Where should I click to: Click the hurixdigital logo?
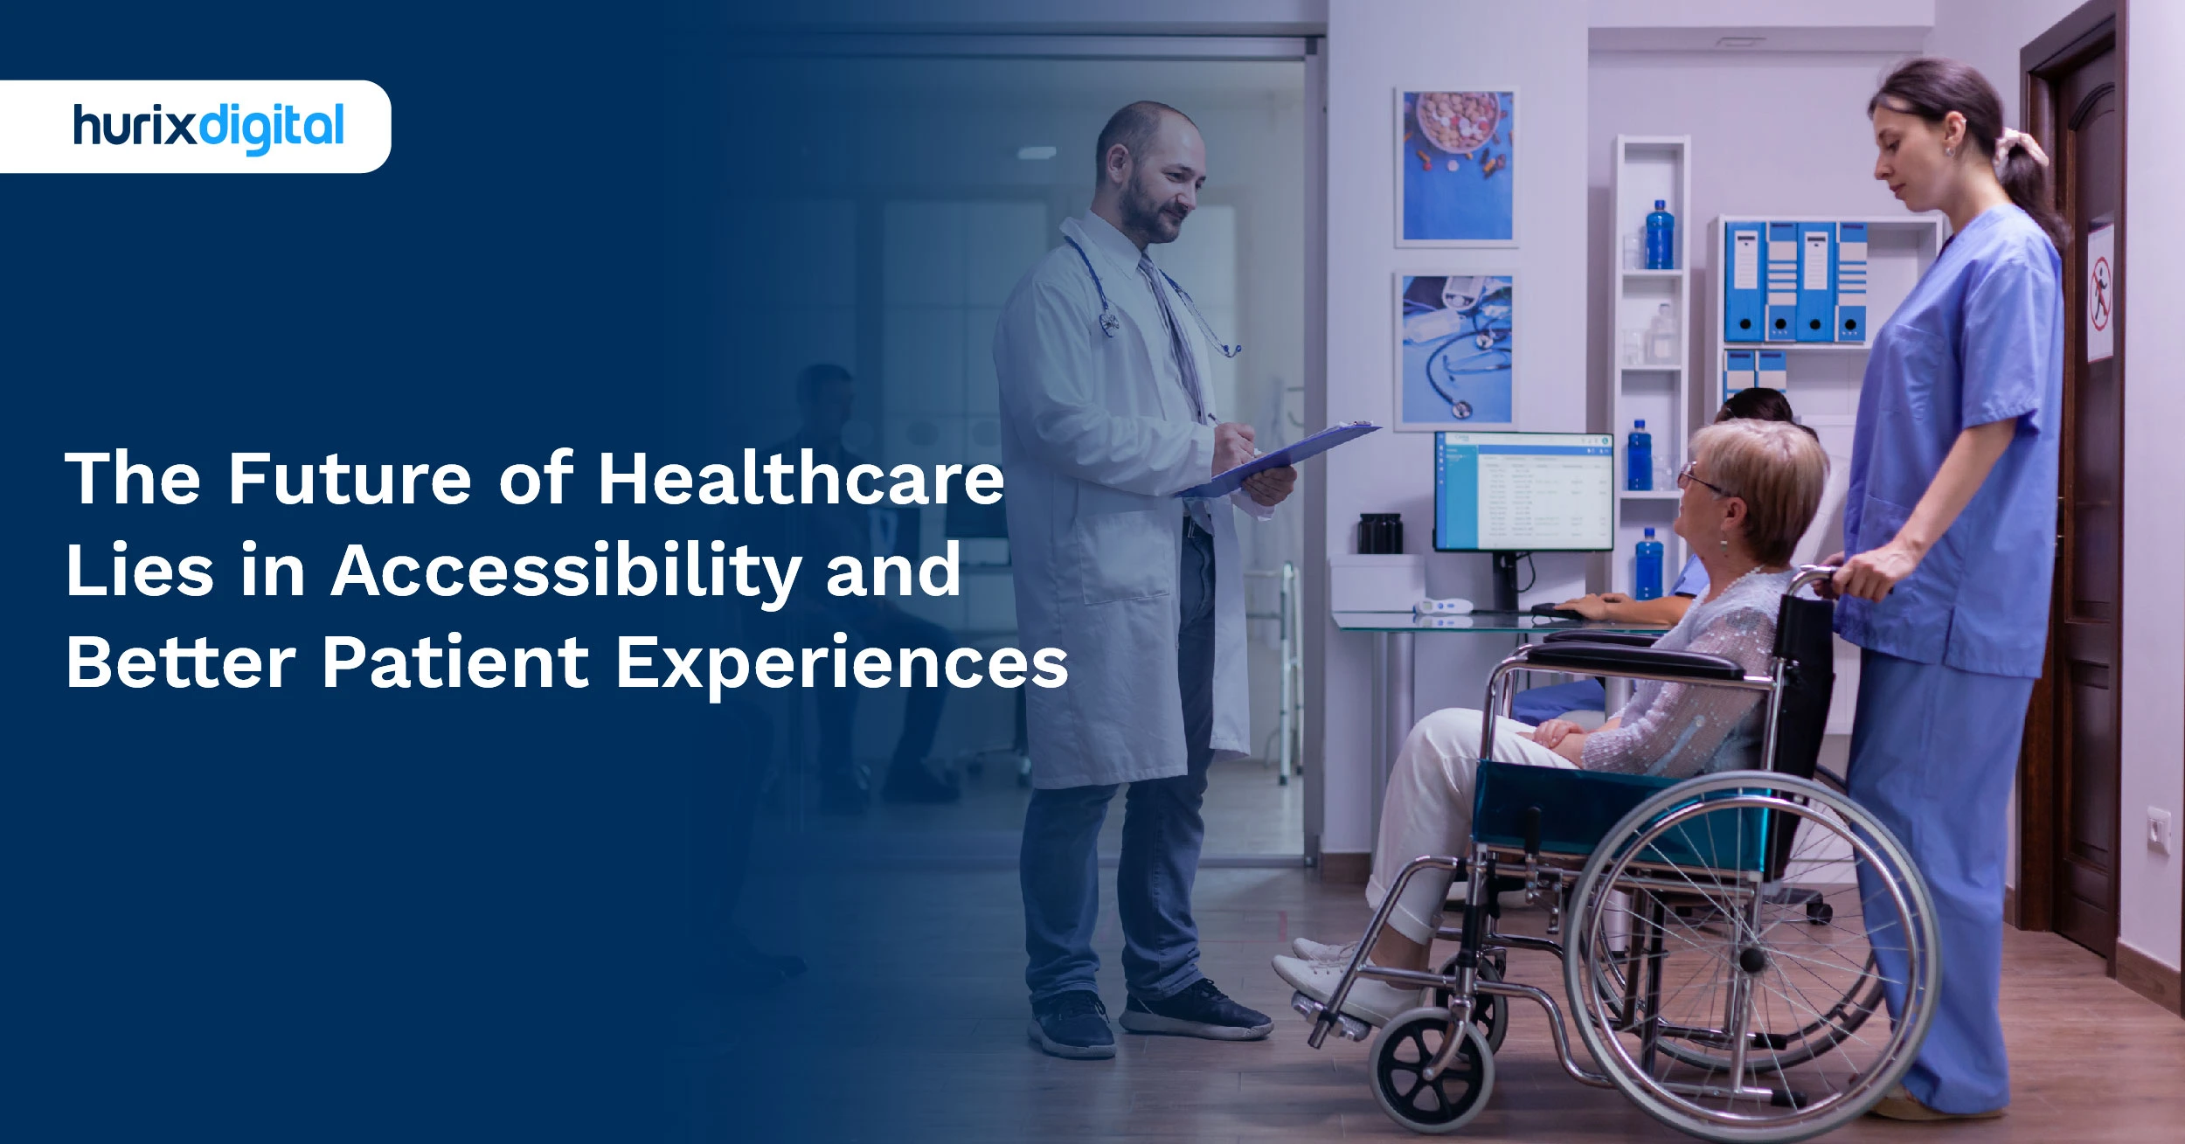click(208, 127)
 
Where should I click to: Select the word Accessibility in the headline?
click(565, 571)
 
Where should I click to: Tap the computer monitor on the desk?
click(1523, 492)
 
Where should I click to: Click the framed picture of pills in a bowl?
click(1456, 166)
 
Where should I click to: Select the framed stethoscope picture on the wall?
click(1456, 350)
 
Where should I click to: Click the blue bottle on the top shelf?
click(1659, 236)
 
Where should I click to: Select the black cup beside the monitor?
click(1380, 534)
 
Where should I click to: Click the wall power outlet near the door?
click(2159, 829)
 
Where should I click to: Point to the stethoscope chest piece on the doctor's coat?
click(1109, 324)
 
